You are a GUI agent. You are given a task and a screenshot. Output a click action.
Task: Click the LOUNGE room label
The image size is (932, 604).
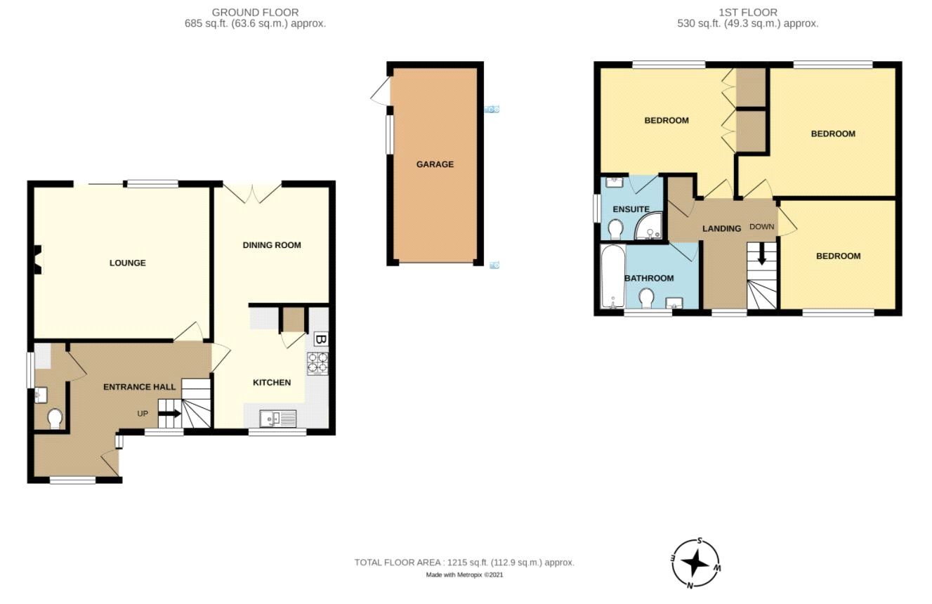(127, 263)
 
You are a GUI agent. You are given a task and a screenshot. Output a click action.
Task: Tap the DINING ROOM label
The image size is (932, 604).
(272, 245)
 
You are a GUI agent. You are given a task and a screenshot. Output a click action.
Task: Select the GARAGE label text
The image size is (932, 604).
(435, 164)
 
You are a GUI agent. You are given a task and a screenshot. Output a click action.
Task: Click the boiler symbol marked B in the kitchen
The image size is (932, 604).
(320, 340)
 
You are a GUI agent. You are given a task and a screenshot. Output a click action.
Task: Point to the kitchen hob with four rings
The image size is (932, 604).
(317, 362)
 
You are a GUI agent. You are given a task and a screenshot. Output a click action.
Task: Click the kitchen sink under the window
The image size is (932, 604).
(278, 419)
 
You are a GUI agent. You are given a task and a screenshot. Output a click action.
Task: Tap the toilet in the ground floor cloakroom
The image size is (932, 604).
(54, 419)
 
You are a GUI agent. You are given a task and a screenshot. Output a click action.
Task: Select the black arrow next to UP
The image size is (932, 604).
(169, 414)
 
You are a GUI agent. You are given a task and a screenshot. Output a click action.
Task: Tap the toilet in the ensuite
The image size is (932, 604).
(616, 228)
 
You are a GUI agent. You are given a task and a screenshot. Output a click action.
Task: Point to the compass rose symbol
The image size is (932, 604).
(696, 563)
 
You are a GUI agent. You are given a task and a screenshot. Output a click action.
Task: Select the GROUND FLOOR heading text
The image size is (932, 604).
(255, 12)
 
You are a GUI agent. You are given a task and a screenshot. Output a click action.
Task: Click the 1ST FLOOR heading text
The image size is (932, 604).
(747, 12)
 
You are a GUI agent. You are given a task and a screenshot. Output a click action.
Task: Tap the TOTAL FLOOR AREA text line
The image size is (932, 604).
(464, 563)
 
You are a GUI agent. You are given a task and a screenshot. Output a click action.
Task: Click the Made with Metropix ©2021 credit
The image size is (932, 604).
(464, 575)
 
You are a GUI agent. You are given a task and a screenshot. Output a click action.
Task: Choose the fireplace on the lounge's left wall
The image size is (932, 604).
(39, 258)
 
